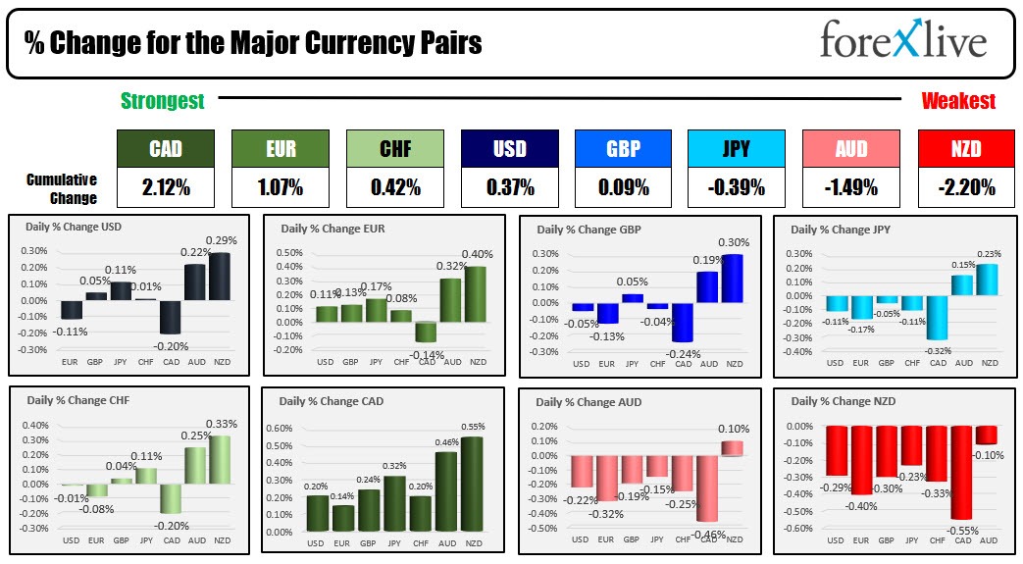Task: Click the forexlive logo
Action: point(902,41)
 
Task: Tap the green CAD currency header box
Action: point(165,148)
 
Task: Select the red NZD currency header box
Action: point(966,148)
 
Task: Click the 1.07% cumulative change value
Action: point(280,187)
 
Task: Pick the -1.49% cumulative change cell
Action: point(850,187)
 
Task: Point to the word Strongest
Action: point(162,100)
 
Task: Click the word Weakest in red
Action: point(958,100)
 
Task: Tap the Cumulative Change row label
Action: point(62,188)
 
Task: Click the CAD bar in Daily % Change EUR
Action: point(425,332)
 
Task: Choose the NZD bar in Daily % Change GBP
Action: point(733,279)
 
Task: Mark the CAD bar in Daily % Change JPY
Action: point(937,318)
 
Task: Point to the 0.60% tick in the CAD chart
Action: point(281,429)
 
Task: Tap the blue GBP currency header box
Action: point(623,148)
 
